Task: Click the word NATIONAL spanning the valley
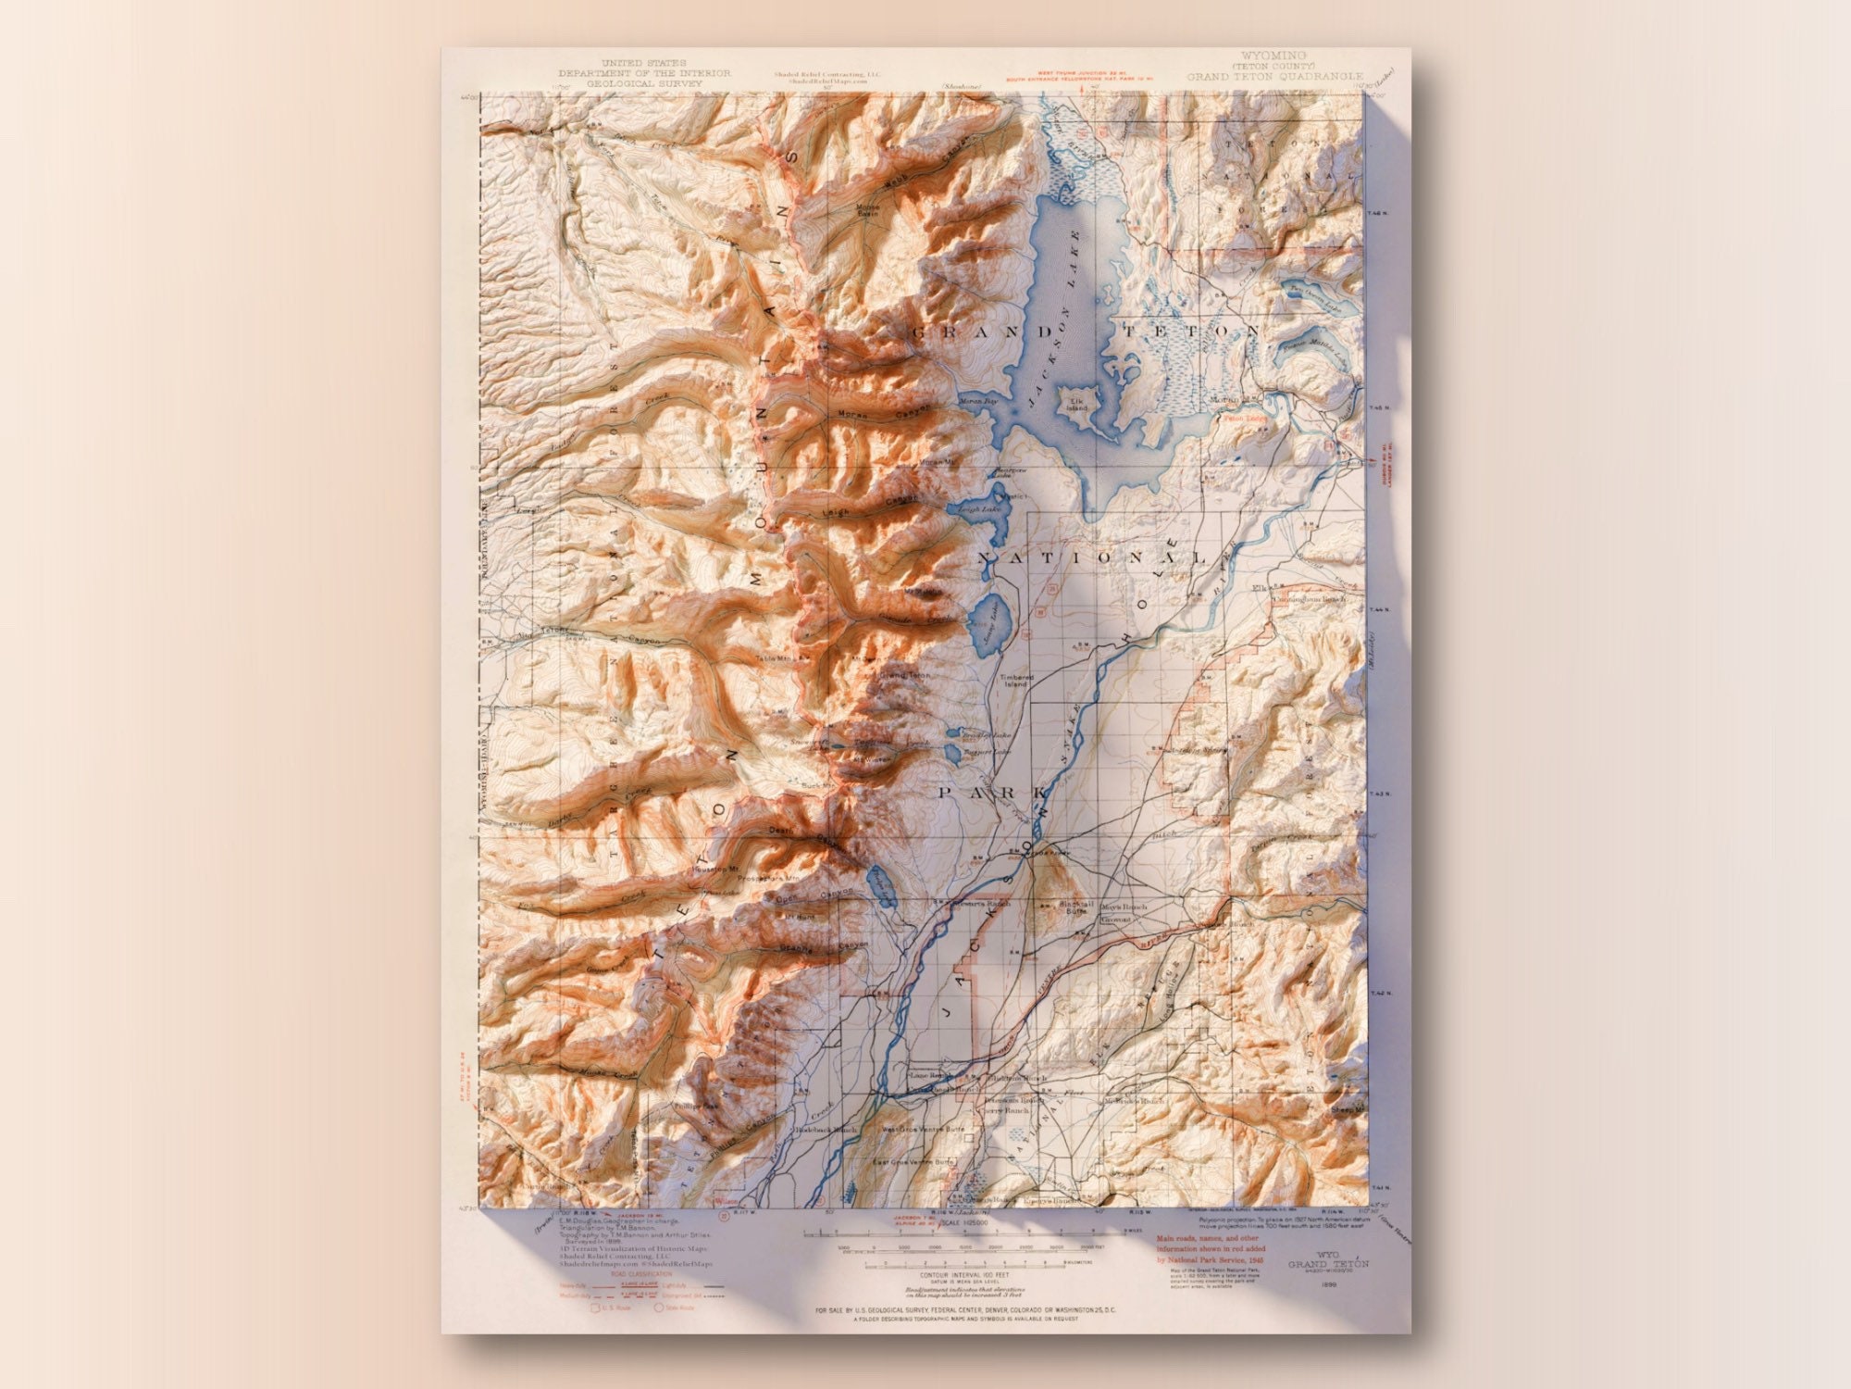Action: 1092,558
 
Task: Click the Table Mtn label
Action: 775,659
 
